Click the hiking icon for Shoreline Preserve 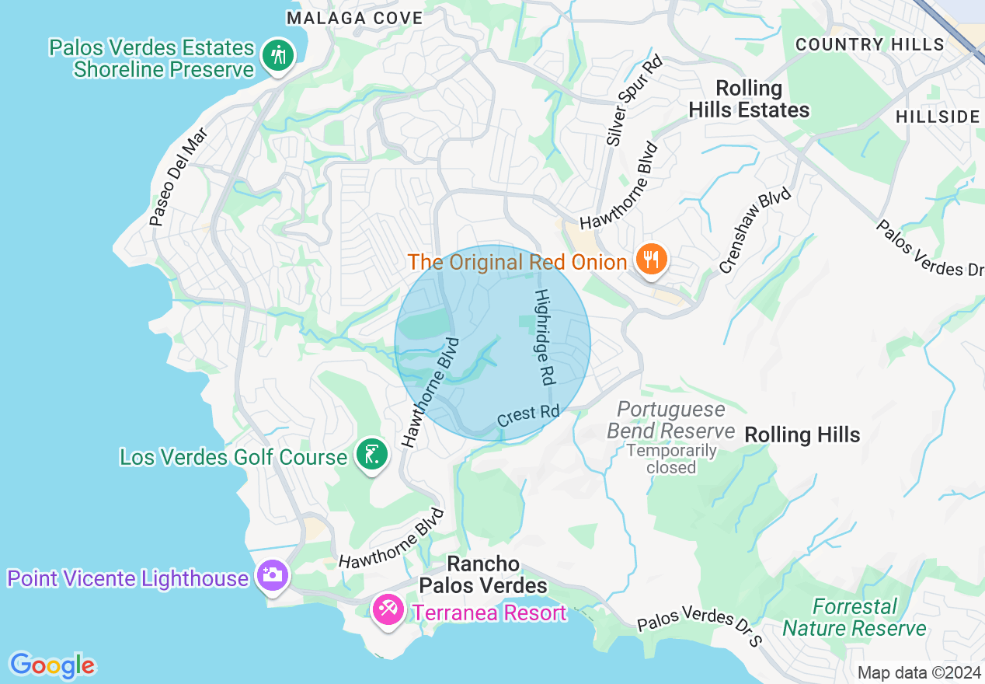(x=277, y=56)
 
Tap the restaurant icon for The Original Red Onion (x=652, y=259)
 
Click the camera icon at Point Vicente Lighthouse (x=273, y=576)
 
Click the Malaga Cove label (x=354, y=18)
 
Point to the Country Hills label (x=870, y=44)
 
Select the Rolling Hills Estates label (x=749, y=99)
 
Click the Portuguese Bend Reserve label (x=670, y=420)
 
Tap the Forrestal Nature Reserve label (x=854, y=616)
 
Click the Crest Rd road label (x=528, y=414)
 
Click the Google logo (x=52, y=665)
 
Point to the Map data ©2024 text (x=919, y=672)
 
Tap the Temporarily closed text (x=671, y=459)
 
